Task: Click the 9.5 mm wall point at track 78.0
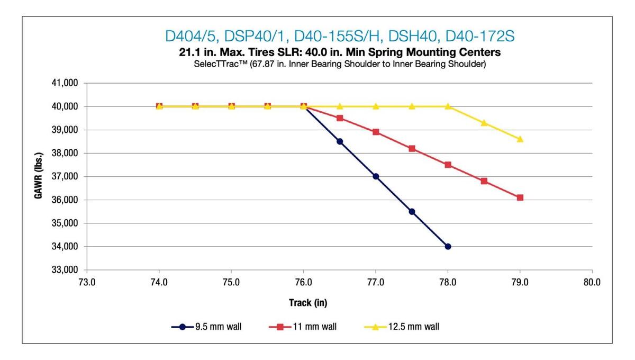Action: pos(448,246)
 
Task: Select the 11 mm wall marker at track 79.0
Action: pos(520,197)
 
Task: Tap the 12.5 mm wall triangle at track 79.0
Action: pos(520,139)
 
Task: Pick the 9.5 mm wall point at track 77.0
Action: pos(376,176)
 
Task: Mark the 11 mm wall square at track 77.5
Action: pos(412,149)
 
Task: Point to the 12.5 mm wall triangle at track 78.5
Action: pos(484,123)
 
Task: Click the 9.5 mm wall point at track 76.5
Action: pos(340,141)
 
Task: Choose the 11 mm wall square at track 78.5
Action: pos(484,181)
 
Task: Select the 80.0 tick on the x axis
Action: pos(592,282)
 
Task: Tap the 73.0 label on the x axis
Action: pos(87,282)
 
